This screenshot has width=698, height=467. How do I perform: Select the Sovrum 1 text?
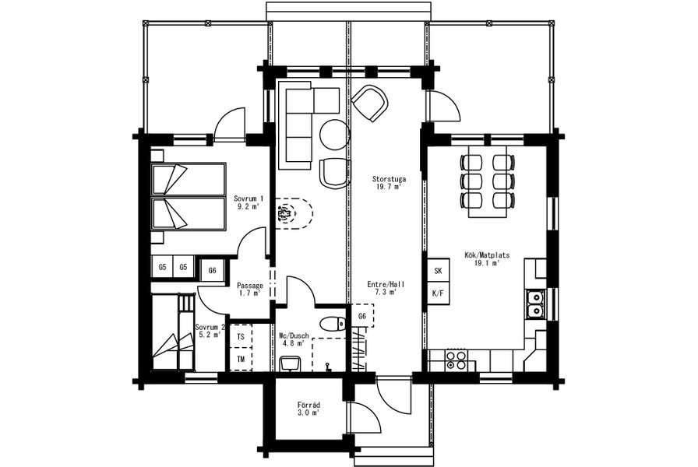tap(249, 198)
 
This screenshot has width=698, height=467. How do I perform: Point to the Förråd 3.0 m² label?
tap(309, 409)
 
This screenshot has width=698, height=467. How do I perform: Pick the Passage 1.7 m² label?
tap(250, 289)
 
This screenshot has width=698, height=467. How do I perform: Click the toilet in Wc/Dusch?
tap(332, 323)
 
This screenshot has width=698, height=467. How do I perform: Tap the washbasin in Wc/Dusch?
tap(291, 363)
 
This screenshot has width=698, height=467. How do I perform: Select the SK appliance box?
tap(438, 270)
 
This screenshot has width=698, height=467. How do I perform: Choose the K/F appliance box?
tap(438, 293)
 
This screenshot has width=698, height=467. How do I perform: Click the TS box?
tap(241, 337)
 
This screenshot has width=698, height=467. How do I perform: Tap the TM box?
tap(241, 360)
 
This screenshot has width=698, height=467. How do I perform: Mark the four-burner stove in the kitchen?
tap(456, 360)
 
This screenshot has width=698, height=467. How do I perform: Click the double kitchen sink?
tap(534, 304)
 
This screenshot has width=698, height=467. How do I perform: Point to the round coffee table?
tap(335, 135)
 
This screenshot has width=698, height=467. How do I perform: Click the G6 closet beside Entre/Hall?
tap(362, 316)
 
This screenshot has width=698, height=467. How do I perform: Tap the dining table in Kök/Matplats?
tap(488, 181)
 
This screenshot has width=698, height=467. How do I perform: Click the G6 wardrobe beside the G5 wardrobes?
tap(213, 270)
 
